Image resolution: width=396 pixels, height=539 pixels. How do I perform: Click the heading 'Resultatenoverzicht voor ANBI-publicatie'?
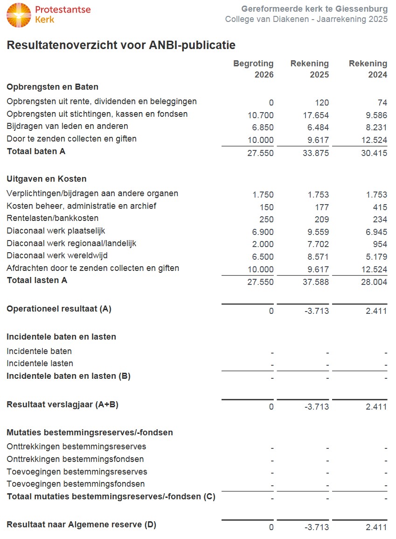pyautogui.click(x=121, y=45)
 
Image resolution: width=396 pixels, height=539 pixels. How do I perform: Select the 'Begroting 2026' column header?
pyautogui.click(x=254, y=69)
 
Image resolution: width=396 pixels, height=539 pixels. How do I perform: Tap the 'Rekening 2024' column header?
pyautogui.click(x=368, y=69)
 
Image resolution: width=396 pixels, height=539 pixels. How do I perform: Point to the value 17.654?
pyautogui.click(x=316, y=115)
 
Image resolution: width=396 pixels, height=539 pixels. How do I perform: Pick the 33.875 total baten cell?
pyautogui.click(x=316, y=153)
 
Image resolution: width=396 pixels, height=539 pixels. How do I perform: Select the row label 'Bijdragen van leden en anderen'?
pyautogui.click(x=67, y=126)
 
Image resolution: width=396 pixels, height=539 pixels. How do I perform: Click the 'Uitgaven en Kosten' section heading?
pyautogui.click(x=46, y=179)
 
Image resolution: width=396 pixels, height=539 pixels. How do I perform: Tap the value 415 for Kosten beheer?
pyautogui.click(x=380, y=207)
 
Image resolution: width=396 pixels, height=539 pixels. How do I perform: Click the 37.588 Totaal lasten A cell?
pyautogui.click(x=316, y=282)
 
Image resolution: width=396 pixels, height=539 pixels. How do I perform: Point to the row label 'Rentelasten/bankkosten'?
pyautogui.click(x=53, y=218)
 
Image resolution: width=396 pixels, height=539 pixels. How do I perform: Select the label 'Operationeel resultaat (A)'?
pyautogui.click(x=59, y=309)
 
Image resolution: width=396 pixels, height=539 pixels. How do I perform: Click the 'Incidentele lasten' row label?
pyautogui.click(x=40, y=363)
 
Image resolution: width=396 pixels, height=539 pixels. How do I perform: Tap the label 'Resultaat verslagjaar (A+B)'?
pyautogui.click(x=63, y=404)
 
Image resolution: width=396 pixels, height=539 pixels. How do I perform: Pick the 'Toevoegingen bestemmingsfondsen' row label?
pyautogui.click(x=76, y=484)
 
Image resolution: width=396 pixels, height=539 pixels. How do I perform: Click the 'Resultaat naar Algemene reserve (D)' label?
pyautogui.click(x=81, y=525)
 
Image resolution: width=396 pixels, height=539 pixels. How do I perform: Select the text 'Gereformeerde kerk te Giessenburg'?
pyautogui.click(x=314, y=9)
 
